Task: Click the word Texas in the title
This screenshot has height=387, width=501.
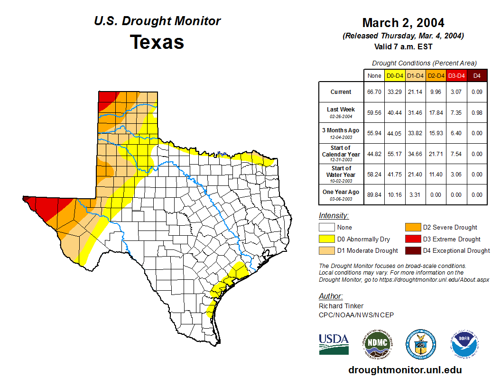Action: [x=157, y=42]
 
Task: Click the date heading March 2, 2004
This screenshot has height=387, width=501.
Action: [x=403, y=23]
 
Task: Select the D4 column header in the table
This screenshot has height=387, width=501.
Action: [x=477, y=75]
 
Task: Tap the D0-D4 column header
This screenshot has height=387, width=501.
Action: [x=395, y=75]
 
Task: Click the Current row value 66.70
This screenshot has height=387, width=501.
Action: [x=374, y=92]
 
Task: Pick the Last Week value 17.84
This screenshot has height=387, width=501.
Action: [x=436, y=112]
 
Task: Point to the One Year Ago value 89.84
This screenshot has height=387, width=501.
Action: [x=374, y=194]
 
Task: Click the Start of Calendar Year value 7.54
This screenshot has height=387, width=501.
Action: [x=456, y=154]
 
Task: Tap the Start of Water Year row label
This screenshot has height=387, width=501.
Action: [x=341, y=174]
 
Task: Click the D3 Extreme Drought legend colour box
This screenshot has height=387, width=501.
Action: [x=412, y=239]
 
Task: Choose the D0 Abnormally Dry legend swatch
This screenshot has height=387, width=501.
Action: [x=327, y=239]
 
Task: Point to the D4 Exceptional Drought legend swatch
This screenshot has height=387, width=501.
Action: [x=412, y=250]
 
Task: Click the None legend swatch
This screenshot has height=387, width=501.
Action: [x=327, y=228]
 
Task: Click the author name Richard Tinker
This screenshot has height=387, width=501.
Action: [x=341, y=306]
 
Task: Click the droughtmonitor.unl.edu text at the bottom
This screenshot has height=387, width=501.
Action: [x=405, y=370]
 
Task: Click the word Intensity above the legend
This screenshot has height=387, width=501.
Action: [x=334, y=216]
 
